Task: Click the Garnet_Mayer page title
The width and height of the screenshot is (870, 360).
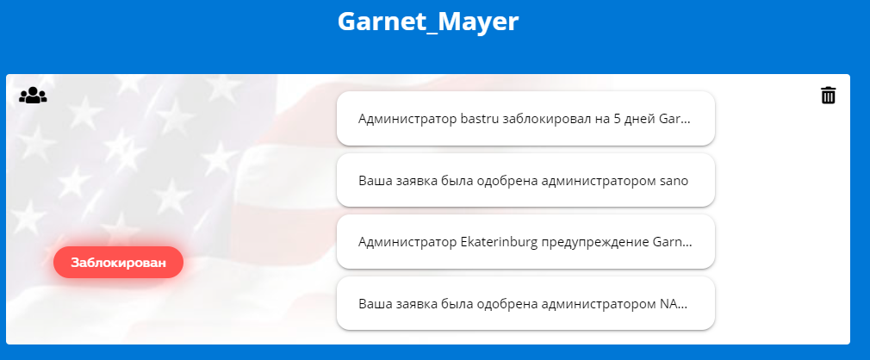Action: (428, 22)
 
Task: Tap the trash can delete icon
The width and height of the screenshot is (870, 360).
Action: (828, 95)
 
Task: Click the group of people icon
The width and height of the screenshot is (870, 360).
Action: (33, 95)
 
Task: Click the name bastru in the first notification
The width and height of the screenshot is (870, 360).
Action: (480, 119)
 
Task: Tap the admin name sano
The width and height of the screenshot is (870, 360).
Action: (674, 182)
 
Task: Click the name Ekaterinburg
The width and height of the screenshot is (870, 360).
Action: (500, 243)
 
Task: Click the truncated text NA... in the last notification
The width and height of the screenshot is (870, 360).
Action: (673, 304)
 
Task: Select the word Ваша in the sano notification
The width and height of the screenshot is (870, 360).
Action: (374, 182)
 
